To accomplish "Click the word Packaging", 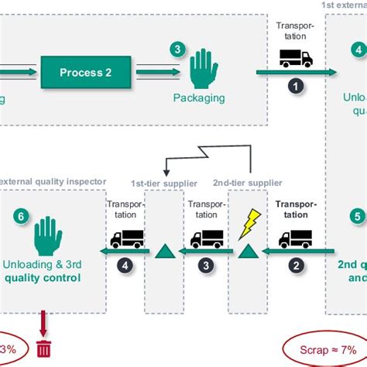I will (x=199, y=98).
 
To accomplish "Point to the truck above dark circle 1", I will (x=294, y=57).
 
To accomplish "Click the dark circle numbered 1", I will (x=294, y=86).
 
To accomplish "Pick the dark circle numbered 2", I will (x=294, y=265).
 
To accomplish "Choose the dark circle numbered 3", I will (x=206, y=265).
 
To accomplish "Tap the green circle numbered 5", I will (x=357, y=217).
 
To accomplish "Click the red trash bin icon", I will (x=43, y=348).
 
